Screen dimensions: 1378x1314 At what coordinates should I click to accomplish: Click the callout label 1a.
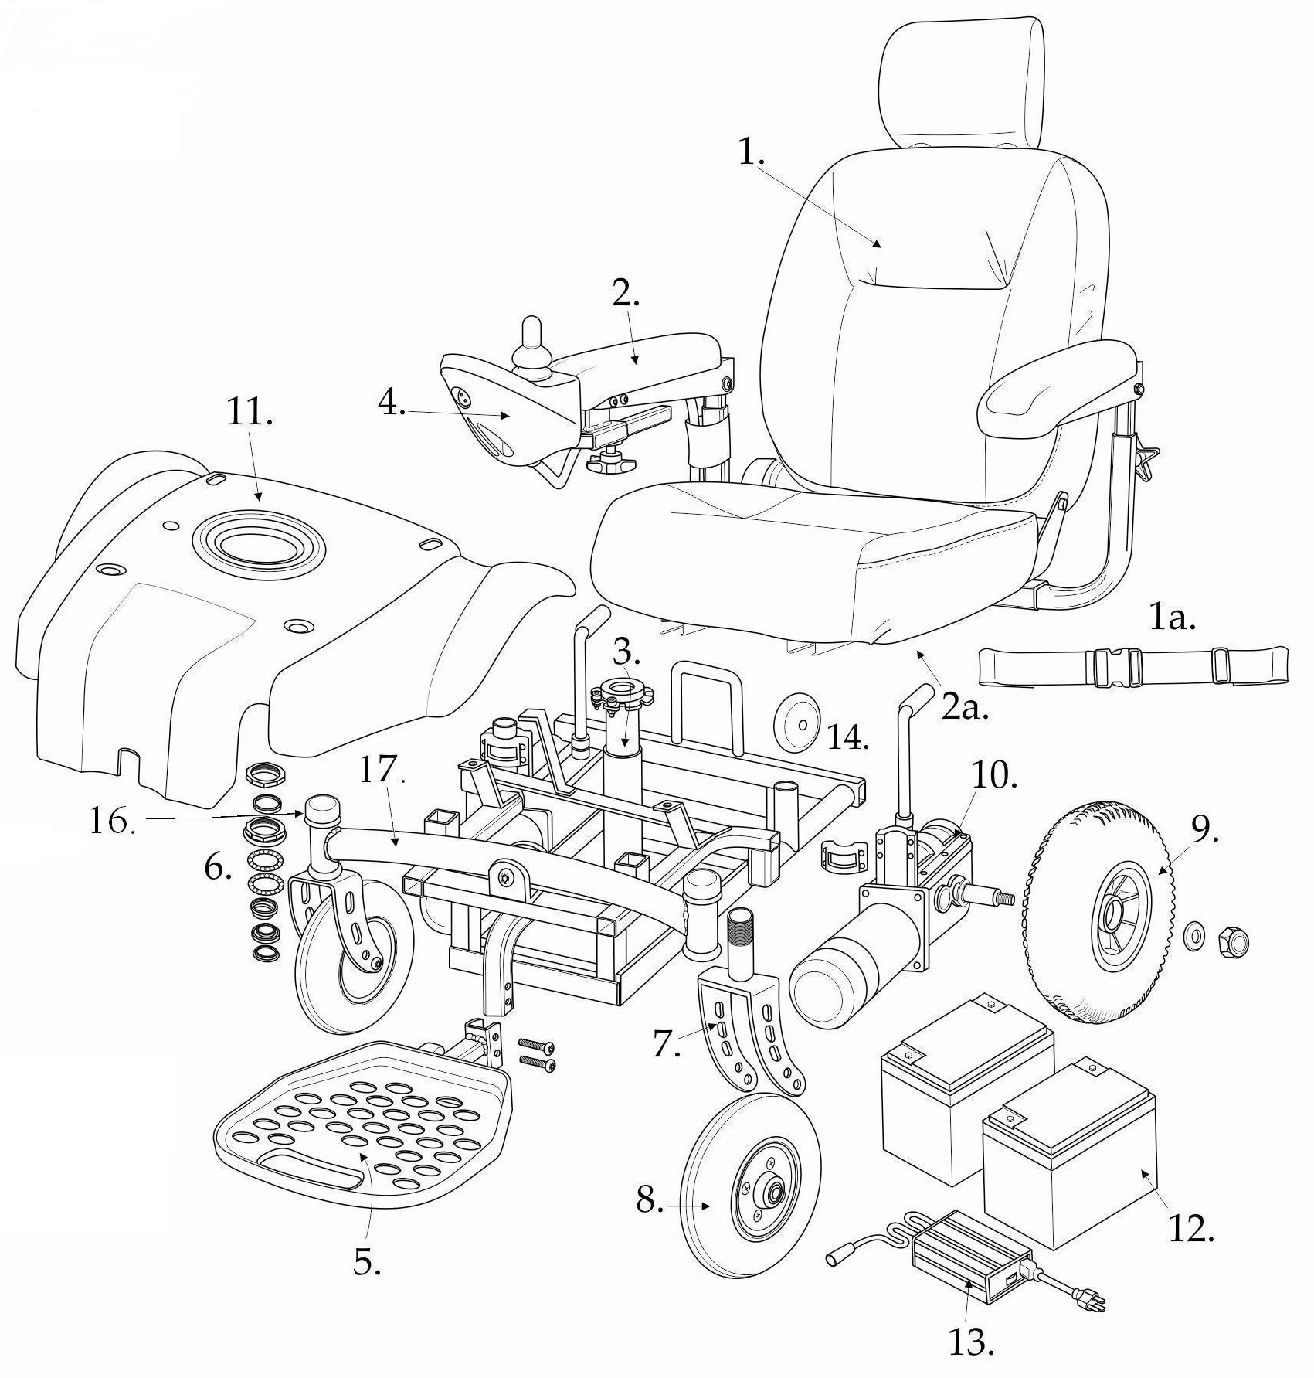click(x=1172, y=617)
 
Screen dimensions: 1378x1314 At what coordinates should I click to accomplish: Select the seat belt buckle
click(x=1114, y=667)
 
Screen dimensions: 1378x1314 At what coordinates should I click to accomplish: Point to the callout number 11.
click(x=249, y=414)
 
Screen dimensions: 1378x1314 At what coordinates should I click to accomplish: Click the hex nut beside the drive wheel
click(x=1231, y=941)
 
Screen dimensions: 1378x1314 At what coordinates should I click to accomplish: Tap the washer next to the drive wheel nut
click(x=1193, y=937)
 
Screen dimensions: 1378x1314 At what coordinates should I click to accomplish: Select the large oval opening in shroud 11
click(x=258, y=546)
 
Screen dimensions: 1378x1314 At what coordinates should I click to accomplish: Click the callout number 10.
click(x=994, y=777)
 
